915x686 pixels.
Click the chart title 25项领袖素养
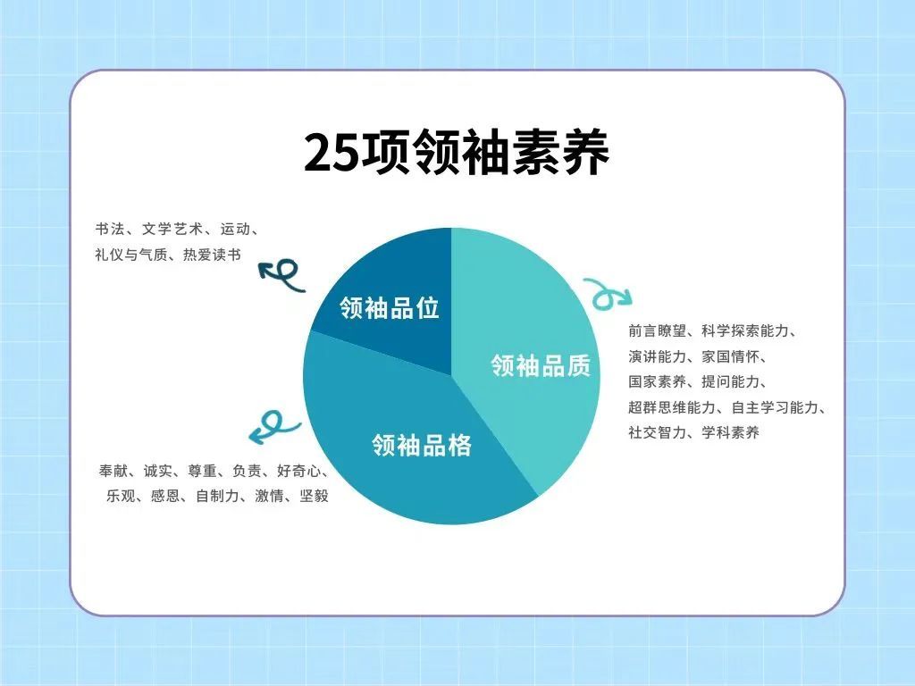tap(457, 153)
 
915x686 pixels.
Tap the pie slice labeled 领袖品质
tap(525, 350)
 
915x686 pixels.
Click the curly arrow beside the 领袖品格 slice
tap(273, 426)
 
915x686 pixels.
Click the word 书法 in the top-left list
tap(110, 229)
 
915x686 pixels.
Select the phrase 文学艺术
tap(172, 229)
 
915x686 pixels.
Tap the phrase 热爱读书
tap(212, 255)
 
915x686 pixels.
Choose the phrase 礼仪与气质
tap(131, 255)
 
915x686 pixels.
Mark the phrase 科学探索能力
tap(745, 331)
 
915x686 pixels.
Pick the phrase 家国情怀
tap(731, 356)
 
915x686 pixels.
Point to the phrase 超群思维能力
tap(672, 407)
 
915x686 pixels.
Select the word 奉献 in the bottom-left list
tap(113, 471)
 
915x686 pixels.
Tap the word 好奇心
tap(298, 471)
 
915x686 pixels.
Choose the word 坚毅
tap(314, 496)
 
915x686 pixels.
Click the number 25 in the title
tap(331, 154)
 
